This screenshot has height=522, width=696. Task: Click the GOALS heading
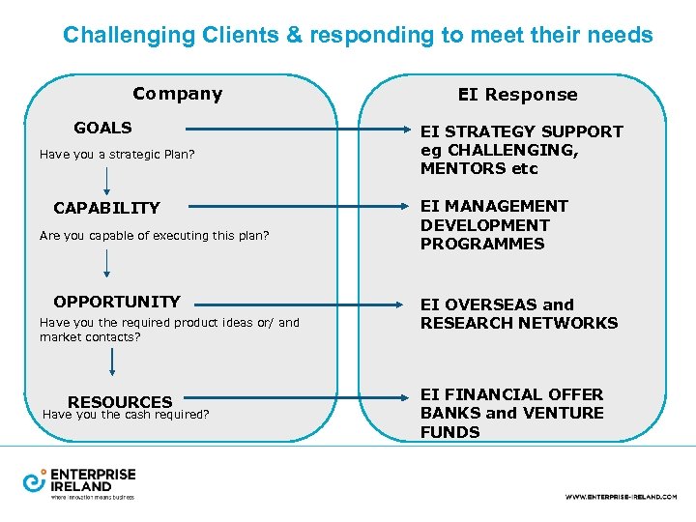click(102, 128)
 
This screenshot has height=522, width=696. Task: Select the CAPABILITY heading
click(106, 208)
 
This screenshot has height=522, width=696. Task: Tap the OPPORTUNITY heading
click(116, 302)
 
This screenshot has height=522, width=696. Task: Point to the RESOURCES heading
click(120, 402)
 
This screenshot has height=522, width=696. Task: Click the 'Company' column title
click(177, 94)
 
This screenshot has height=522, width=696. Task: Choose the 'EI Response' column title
click(517, 95)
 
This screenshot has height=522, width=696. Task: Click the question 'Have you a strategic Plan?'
click(117, 154)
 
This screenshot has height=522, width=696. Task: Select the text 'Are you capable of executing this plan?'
click(154, 235)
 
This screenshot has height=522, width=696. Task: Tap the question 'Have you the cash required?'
click(127, 415)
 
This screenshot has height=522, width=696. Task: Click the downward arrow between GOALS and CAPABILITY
click(106, 180)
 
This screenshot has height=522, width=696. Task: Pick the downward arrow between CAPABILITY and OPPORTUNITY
click(106, 262)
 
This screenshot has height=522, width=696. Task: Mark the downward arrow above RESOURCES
click(113, 362)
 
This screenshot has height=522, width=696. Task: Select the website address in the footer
click(621, 496)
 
